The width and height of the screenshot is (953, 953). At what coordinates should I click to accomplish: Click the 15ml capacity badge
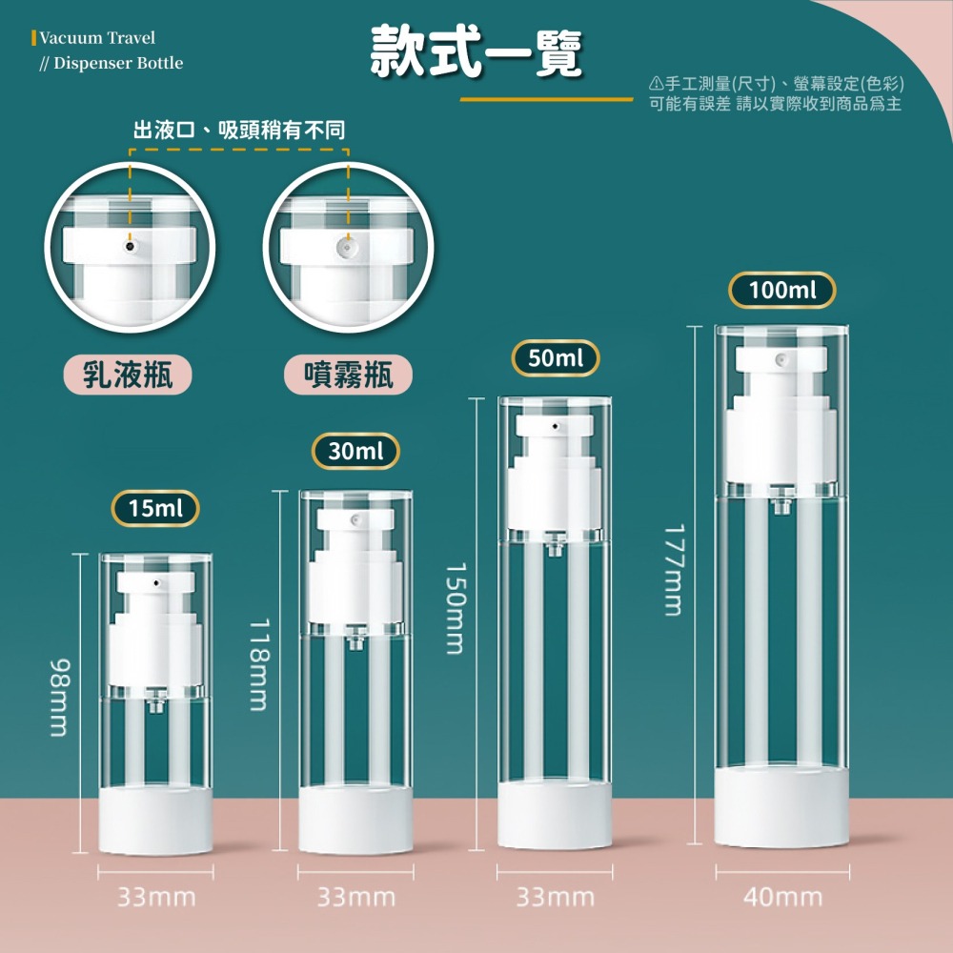155,508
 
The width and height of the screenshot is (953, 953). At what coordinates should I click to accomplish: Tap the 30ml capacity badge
355,451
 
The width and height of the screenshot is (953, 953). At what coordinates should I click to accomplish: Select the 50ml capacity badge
556,358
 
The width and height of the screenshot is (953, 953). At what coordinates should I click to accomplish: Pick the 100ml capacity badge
782,290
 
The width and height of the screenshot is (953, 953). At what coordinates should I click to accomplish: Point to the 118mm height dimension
259,664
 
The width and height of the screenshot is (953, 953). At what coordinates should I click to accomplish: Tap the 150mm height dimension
456,608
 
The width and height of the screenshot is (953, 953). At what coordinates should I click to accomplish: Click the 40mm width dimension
782,897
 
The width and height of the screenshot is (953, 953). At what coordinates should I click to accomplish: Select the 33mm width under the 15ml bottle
156,897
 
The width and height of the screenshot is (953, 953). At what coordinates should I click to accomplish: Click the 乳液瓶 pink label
128,375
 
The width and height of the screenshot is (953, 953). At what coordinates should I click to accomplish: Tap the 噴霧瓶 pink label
348,375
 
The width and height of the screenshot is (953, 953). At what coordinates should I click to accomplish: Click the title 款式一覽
476,52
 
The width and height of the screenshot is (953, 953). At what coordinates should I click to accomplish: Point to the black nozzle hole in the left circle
130,246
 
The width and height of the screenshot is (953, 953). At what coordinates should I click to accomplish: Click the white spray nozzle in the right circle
347,248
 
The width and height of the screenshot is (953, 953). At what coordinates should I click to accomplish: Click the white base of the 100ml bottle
781,807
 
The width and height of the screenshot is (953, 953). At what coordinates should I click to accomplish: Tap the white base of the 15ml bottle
155,821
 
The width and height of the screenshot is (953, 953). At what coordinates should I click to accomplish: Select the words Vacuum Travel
97,38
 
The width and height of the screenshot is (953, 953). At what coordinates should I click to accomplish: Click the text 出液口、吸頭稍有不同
239,130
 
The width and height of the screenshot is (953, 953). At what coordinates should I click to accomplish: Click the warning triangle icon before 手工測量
656,83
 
